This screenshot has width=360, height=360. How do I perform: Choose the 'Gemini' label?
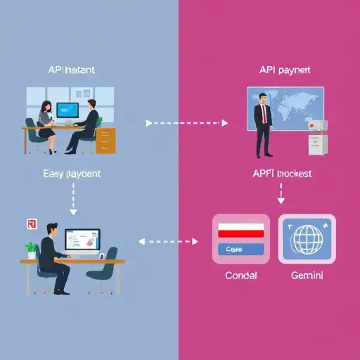tap(307, 276)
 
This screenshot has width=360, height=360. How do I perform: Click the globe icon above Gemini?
tap(307, 238)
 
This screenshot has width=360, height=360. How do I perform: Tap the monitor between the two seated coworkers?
tap(67, 110)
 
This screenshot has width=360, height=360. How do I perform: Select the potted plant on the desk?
tap(30, 249)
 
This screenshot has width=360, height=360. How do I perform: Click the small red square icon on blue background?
tap(30, 224)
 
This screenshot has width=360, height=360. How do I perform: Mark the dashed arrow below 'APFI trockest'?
tap(281, 193)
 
